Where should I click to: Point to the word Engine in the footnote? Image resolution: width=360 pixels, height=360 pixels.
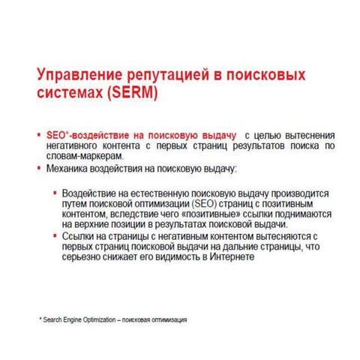[x=76, y=319]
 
